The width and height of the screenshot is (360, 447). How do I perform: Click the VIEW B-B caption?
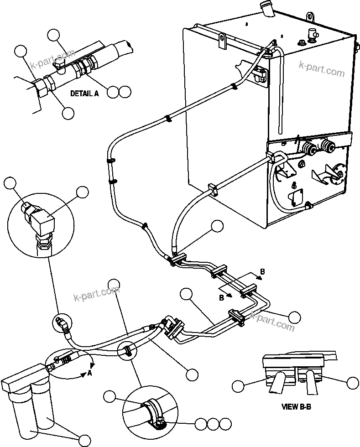pos(296,406)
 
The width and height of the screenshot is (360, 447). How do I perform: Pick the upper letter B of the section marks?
pos(262,273)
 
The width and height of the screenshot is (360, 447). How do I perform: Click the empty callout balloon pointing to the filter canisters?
pos(85,440)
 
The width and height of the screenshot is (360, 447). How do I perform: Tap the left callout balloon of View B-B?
pos(238,385)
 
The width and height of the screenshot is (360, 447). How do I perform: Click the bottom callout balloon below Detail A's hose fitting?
pos(68,113)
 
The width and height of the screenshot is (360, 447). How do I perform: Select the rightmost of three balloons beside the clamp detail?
pos(224,424)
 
